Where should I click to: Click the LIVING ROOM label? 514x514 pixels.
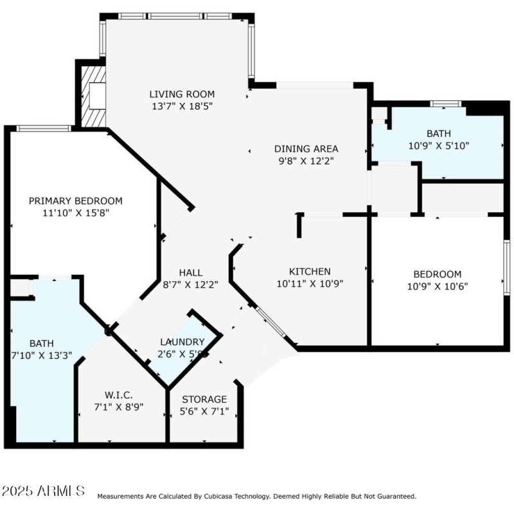(x=182, y=94)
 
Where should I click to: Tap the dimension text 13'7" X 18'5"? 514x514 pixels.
(x=182, y=106)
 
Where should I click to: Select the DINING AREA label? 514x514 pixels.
(x=306, y=149)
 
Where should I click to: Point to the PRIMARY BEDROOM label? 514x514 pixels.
(x=75, y=201)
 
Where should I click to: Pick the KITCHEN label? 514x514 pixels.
(x=310, y=271)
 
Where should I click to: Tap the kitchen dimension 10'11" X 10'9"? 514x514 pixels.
(x=310, y=284)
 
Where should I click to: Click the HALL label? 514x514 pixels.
(x=191, y=271)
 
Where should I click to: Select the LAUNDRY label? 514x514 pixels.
(x=182, y=342)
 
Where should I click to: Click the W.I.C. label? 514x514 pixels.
(x=120, y=394)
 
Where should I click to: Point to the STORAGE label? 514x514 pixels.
(x=204, y=399)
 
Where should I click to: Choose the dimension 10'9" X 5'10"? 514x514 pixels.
(x=439, y=145)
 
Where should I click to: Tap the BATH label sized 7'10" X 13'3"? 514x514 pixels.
(x=41, y=343)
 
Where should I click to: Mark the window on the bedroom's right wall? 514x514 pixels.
(x=506, y=267)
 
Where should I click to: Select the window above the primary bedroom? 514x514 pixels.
(x=43, y=129)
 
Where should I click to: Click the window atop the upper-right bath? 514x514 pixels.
(x=445, y=104)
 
